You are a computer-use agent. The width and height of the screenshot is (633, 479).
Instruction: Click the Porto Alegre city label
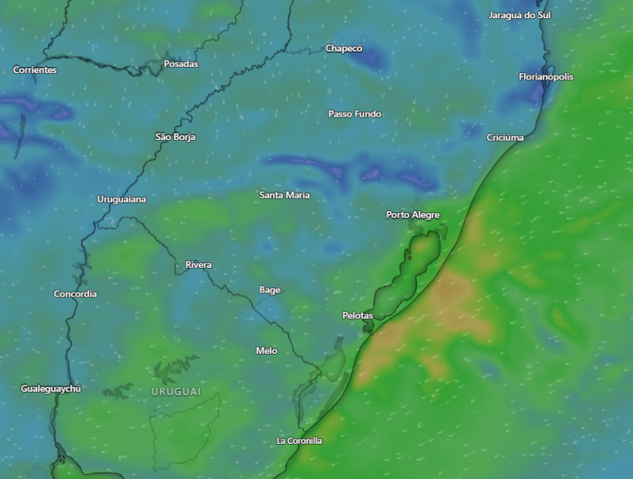click(x=413, y=215)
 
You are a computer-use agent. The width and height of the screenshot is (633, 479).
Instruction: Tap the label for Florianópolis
click(x=546, y=77)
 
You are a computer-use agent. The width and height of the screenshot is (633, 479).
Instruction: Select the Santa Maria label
click(x=284, y=195)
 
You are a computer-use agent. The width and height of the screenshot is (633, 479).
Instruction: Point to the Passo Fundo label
click(x=354, y=114)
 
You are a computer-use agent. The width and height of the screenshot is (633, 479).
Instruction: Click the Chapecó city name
click(x=344, y=49)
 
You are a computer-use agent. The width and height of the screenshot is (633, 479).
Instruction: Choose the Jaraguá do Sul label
click(x=519, y=15)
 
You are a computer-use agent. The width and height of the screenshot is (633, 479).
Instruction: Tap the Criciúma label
click(x=505, y=137)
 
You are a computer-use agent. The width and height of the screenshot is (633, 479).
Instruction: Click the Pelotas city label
click(x=357, y=316)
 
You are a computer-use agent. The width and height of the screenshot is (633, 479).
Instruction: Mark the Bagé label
click(x=270, y=290)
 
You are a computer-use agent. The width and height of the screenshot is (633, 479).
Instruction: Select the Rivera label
click(x=198, y=264)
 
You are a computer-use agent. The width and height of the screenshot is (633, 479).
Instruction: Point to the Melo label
click(x=267, y=350)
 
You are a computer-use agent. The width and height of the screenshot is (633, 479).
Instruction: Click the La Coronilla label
click(x=299, y=440)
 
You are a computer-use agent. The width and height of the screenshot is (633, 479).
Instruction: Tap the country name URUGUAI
click(x=176, y=391)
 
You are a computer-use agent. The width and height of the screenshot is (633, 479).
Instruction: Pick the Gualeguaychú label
click(x=51, y=388)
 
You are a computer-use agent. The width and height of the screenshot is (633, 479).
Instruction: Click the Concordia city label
click(x=75, y=293)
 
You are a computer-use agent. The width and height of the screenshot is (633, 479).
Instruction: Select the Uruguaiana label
click(x=122, y=199)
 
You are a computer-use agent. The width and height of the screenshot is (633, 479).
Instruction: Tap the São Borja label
click(x=175, y=136)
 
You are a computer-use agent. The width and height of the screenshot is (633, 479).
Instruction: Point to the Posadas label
click(x=181, y=64)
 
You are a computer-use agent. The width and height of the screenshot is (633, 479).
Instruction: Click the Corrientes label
click(x=35, y=70)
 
